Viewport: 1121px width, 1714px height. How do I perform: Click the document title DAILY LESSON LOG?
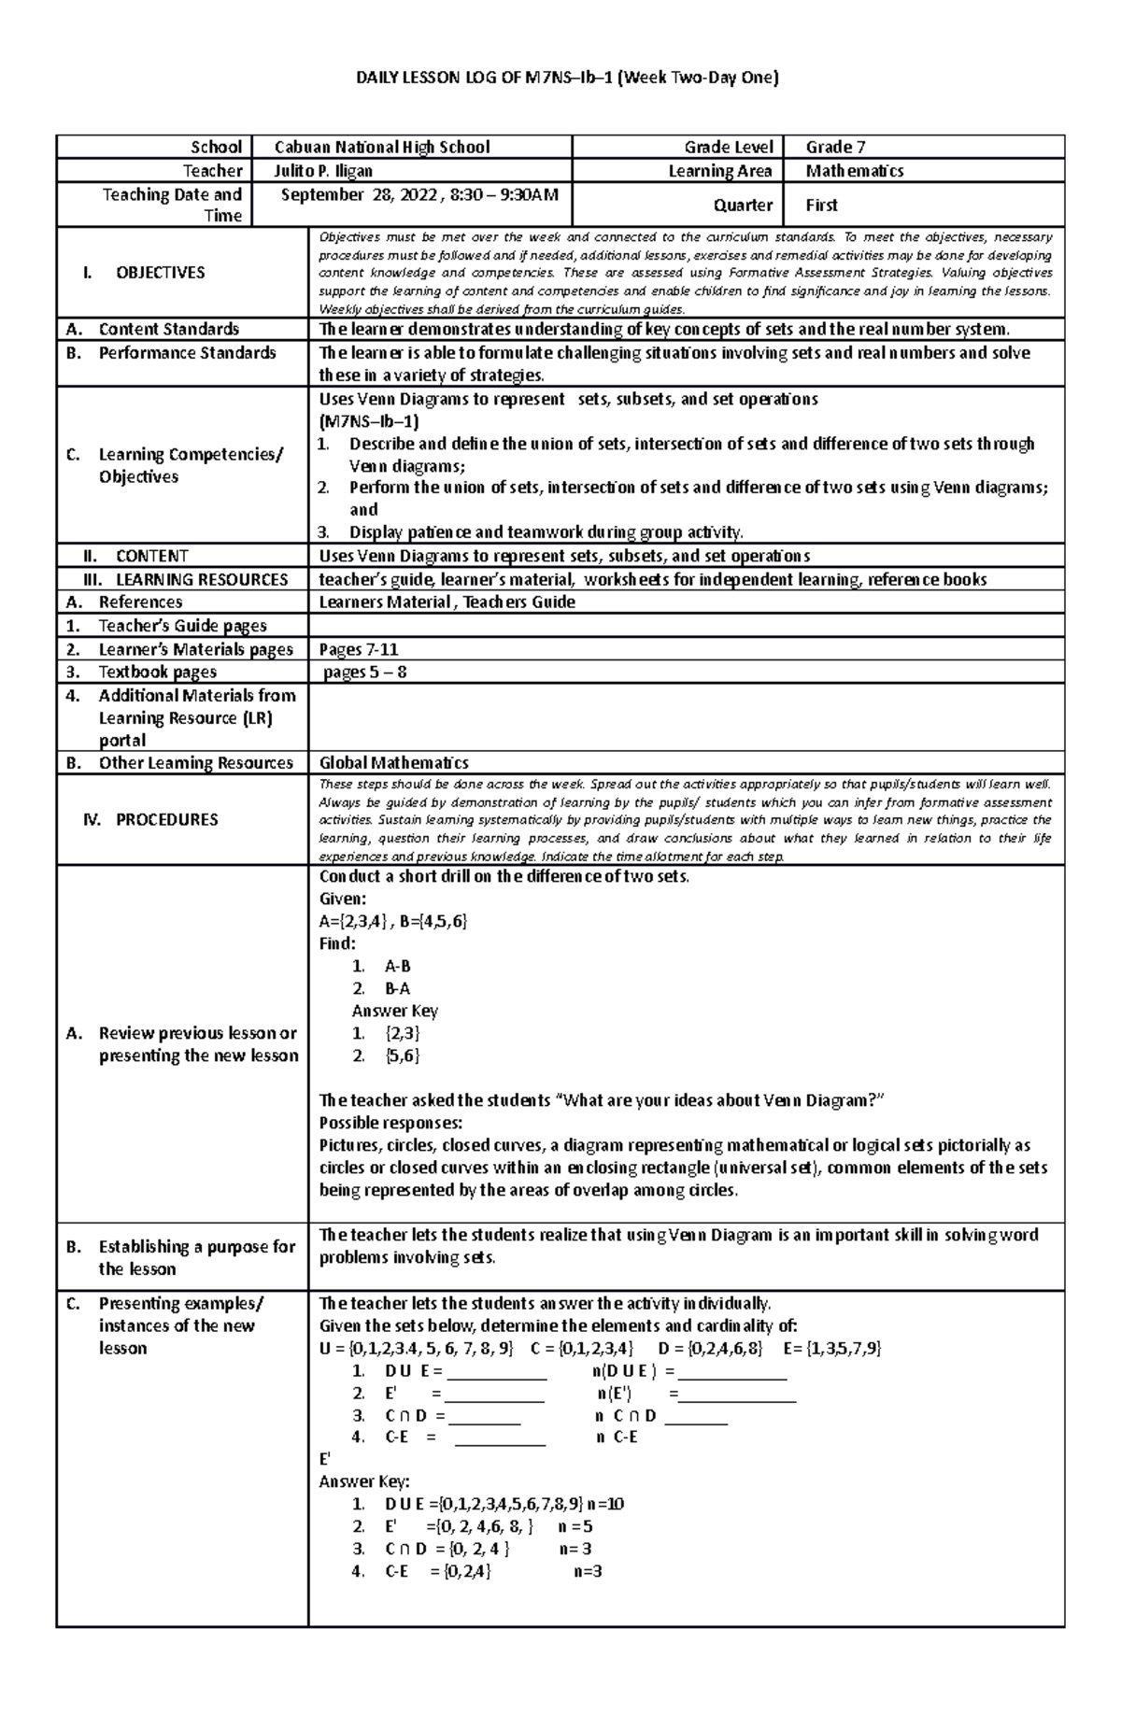[566, 78]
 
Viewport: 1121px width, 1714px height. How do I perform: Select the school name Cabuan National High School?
[381, 147]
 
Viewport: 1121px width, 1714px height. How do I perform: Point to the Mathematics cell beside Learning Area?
[854, 171]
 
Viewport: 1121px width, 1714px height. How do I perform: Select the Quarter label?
[743, 205]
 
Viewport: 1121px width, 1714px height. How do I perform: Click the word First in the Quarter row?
[821, 205]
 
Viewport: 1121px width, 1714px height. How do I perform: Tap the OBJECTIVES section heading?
[160, 273]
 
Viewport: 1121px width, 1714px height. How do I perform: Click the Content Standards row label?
[168, 329]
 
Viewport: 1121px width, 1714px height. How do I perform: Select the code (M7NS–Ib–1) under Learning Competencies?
[369, 421]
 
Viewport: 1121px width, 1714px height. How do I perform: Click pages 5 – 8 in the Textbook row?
[364, 672]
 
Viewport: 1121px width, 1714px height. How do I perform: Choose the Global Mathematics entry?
[393, 763]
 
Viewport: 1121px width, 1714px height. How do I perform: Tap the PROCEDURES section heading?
[166, 819]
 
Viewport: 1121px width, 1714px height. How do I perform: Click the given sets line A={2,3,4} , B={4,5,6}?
[392, 921]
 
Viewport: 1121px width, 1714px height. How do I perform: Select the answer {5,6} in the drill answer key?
[402, 1055]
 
